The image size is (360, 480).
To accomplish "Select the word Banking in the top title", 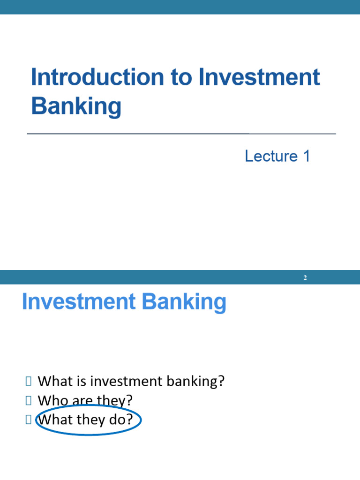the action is pos(76,106).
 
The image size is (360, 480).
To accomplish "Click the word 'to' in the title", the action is pos(181,77).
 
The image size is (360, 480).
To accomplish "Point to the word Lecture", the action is pos(271,156).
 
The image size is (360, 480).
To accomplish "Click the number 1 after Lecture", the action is pos(307,156).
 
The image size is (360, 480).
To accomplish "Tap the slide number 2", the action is pos(305,277).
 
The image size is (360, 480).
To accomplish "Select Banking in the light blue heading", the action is pos(184,302).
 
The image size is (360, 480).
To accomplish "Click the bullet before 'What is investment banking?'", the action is pos(29,381).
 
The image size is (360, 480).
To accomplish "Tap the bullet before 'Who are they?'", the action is pos(29,400).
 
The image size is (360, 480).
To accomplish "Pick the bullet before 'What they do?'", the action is pos(29,420).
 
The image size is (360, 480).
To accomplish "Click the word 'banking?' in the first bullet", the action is pos(195,382).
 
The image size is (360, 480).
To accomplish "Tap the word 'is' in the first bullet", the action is pos(82,382).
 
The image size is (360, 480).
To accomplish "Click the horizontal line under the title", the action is pos(181,134).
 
